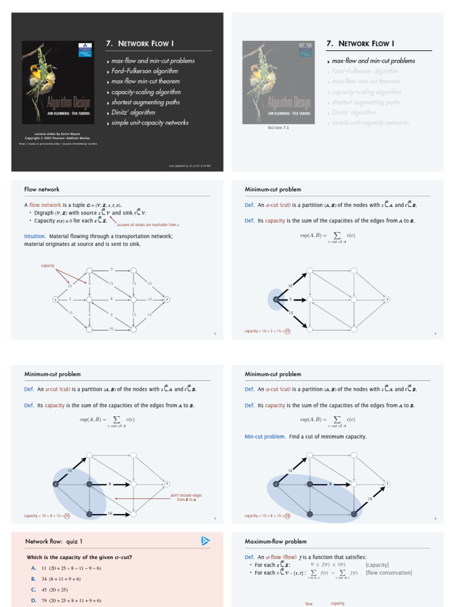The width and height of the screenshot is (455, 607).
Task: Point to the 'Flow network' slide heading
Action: [x=41, y=189]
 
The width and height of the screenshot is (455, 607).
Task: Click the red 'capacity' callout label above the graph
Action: [x=47, y=266]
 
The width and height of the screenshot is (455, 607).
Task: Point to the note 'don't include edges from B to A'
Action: [x=186, y=497]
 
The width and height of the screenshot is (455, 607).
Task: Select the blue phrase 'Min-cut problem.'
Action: [x=265, y=436]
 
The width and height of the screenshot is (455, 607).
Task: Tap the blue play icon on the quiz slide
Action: [x=205, y=541]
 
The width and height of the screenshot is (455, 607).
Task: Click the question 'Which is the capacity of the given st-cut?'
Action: [x=79, y=557]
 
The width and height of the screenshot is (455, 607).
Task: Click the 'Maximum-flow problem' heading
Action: [x=275, y=541]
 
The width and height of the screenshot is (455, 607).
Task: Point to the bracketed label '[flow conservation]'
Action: [x=389, y=573]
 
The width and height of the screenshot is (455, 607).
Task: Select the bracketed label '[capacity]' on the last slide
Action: [x=377, y=565]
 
